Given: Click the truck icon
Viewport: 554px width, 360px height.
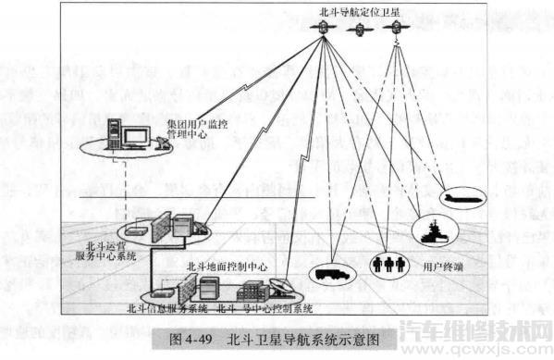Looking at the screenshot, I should [x=330, y=273].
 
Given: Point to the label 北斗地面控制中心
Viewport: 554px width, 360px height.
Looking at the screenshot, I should [x=227, y=265].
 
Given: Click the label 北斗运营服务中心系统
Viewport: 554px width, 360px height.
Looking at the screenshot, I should [x=92, y=244].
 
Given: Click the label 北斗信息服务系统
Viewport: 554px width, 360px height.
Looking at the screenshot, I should [x=171, y=306].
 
